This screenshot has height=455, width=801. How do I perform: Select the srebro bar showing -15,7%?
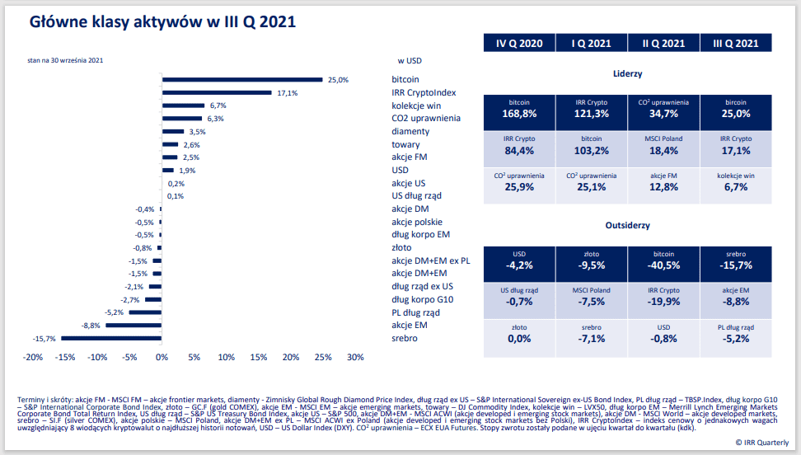point(111,338)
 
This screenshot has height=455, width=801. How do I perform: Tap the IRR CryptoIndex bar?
point(217,92)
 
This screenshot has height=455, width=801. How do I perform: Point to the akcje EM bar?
point(133,326)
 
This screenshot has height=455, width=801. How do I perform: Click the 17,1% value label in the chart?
point(287,93)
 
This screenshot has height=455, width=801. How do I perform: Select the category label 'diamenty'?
point(410,131)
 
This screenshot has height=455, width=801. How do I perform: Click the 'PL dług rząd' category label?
point(415,312)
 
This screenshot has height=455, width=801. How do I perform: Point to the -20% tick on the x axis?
point(33,358)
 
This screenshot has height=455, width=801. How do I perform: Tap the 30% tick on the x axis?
point(355,358)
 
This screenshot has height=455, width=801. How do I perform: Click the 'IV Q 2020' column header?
point(519,44)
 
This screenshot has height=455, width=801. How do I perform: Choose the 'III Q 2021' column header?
point(736,44)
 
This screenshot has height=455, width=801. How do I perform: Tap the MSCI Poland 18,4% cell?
point(663,146)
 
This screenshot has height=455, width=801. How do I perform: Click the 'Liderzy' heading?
point(628,73)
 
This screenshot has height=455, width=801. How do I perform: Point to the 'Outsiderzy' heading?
point(628,225)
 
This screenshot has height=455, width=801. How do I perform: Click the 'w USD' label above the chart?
point(410,60)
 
